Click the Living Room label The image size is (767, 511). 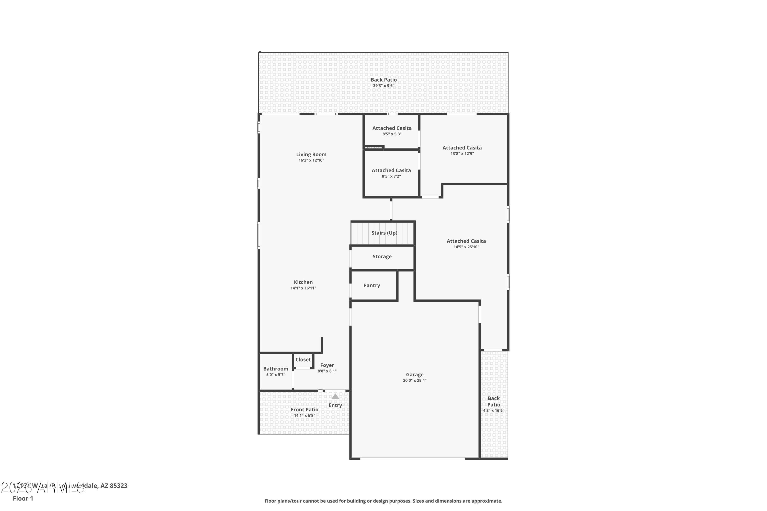311,155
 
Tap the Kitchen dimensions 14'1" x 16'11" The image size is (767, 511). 303,288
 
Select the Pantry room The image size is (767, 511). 371,285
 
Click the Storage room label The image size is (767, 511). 382,257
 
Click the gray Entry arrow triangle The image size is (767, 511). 335,397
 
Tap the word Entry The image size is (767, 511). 335,405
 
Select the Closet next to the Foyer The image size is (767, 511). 303,360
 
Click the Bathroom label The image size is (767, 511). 276,369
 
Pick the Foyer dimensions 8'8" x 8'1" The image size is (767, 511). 327,371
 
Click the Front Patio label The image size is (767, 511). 304,410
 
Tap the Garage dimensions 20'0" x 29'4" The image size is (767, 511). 414,380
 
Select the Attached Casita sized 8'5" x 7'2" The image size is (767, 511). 391,171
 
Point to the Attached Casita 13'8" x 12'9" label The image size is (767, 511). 462,148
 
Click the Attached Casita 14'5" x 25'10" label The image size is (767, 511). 466,241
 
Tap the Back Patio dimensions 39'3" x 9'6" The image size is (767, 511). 383,86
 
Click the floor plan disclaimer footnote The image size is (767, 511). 383,501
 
